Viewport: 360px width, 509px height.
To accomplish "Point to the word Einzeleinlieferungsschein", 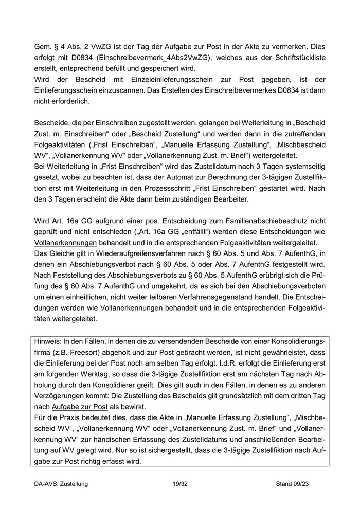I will click(160, 80).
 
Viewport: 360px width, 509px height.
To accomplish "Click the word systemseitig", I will click(303, 166).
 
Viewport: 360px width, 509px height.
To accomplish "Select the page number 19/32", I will click(180, 484).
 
